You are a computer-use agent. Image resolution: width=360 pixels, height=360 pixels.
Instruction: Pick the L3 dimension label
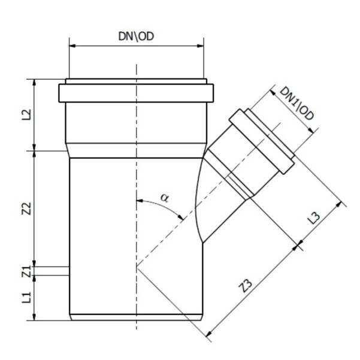tap(315, 218)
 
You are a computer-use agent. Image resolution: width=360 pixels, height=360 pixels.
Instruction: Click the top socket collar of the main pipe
tap(135, 93)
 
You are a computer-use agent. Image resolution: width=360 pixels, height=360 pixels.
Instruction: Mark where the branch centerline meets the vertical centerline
tap(137, 266)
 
